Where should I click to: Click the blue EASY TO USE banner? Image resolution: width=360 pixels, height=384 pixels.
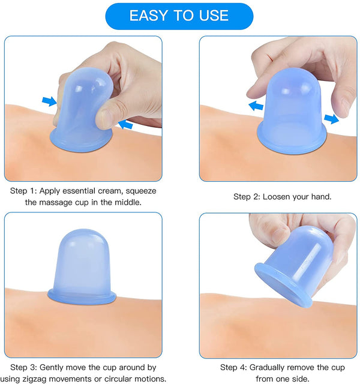pyautogui.click(x=179, y=16)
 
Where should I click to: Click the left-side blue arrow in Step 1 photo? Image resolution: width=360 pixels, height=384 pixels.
pyautogui.click(x=50, y=101)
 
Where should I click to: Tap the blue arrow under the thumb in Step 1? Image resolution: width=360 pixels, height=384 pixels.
pyautogui.click(x=125, y=124)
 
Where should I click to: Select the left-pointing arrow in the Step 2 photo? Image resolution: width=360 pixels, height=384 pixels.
pyautogui.click(x=256, y=106)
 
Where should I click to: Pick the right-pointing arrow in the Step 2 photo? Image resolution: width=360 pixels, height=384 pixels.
pyautogui.click(x=331, y=119)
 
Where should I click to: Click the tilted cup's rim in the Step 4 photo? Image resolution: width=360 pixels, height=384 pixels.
pyautogui.click(x=281, y=284)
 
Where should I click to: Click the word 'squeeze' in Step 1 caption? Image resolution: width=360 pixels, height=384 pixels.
pyautogui.click(x=141, y=191)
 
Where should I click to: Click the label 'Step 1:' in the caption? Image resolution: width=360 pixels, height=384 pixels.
pyautogui.click(x=23, y=191)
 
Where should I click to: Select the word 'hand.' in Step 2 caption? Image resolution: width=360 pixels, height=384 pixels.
pyautogui.click(x=322, y=197)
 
